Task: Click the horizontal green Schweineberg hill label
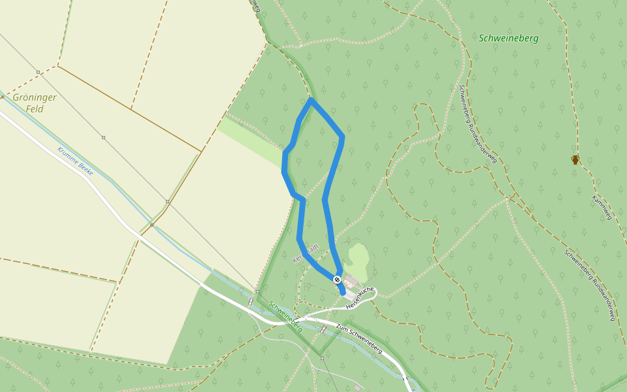coord(508,38)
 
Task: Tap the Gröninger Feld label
coord(35,103)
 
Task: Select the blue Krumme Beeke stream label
coord(75,161)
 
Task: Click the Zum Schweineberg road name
coord(359,339)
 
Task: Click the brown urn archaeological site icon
coord(575,159)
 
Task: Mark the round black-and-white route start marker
coord(337,280)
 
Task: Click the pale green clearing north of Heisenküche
coord(359,257)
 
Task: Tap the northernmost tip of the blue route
coord(311,100)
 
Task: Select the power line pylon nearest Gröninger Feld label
coord(39,72)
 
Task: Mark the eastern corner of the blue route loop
coord(342,137)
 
